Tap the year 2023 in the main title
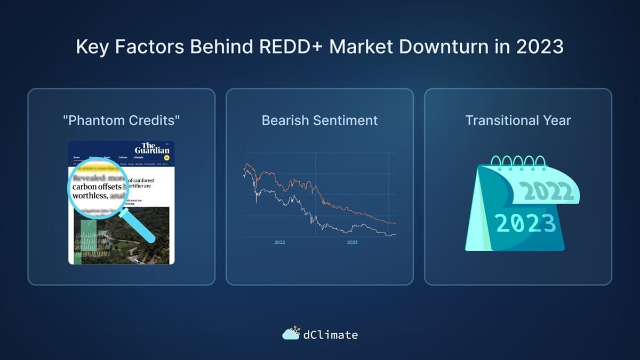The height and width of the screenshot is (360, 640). point(539,46)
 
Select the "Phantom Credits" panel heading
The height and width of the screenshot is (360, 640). point(122,121)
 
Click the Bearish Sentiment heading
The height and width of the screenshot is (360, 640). point(319,121)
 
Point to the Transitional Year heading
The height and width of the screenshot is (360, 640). point(518,121)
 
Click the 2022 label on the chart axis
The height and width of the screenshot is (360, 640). point(279,243)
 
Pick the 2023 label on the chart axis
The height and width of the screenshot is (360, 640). point(352,243)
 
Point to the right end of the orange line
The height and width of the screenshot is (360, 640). point(395,223)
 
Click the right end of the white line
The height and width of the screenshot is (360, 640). point(395,234)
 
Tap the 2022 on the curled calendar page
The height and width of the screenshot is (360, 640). point(546,190)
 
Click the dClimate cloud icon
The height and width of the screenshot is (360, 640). point(291,334)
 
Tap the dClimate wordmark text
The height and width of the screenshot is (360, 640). point(330,335)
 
